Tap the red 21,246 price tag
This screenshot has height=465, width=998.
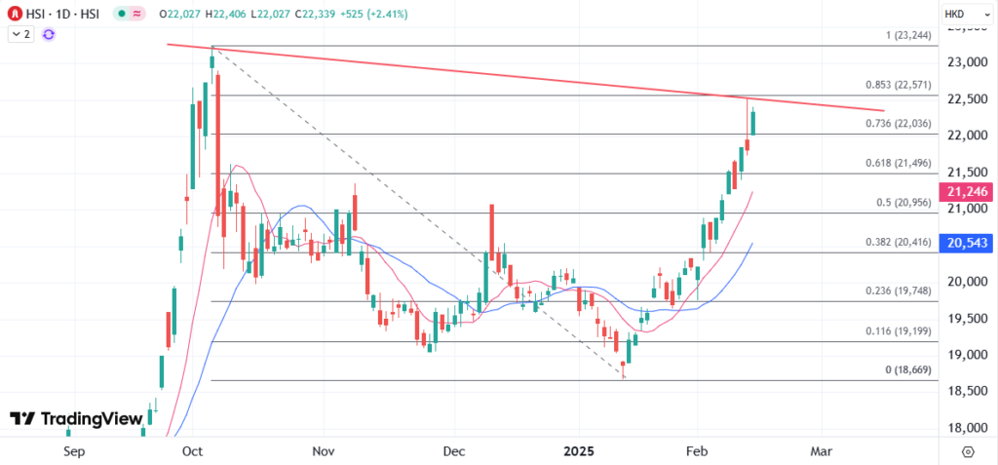[964, 192]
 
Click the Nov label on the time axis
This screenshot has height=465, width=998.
[324, 452]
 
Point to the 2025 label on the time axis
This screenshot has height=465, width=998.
[579, 452]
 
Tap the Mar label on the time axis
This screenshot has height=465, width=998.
[822, 452]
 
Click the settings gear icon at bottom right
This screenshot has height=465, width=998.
[968, 452]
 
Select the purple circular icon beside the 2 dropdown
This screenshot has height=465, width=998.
[49, 34]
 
